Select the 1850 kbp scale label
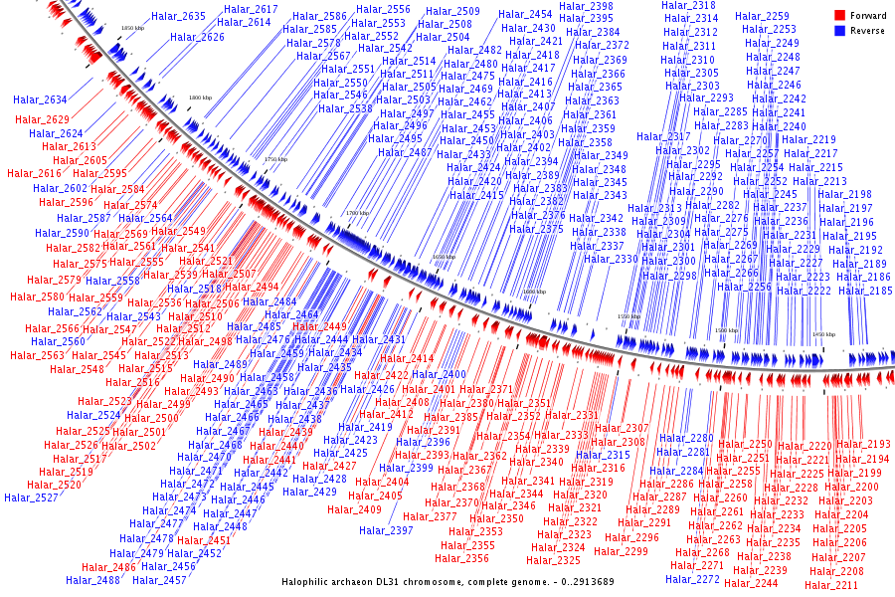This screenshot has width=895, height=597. click(x=133, y=28)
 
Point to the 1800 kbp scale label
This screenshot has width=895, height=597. click(x=201, y=98)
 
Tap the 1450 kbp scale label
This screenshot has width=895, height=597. click(x=824, y=335)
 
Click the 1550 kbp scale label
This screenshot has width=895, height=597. click(x=629, y=316)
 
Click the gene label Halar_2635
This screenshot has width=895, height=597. click(x=179, y=17)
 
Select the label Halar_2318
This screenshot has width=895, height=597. click(x=688, y=6)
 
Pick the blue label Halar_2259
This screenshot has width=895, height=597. click(x=763, y=16)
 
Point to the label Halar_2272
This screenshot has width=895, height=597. click(x=693, y=579)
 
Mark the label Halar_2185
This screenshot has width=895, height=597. click(x=866, y=291)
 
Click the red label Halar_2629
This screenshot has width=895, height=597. click(x=43, y=120)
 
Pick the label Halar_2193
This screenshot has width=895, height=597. click(x=863, y=445)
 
